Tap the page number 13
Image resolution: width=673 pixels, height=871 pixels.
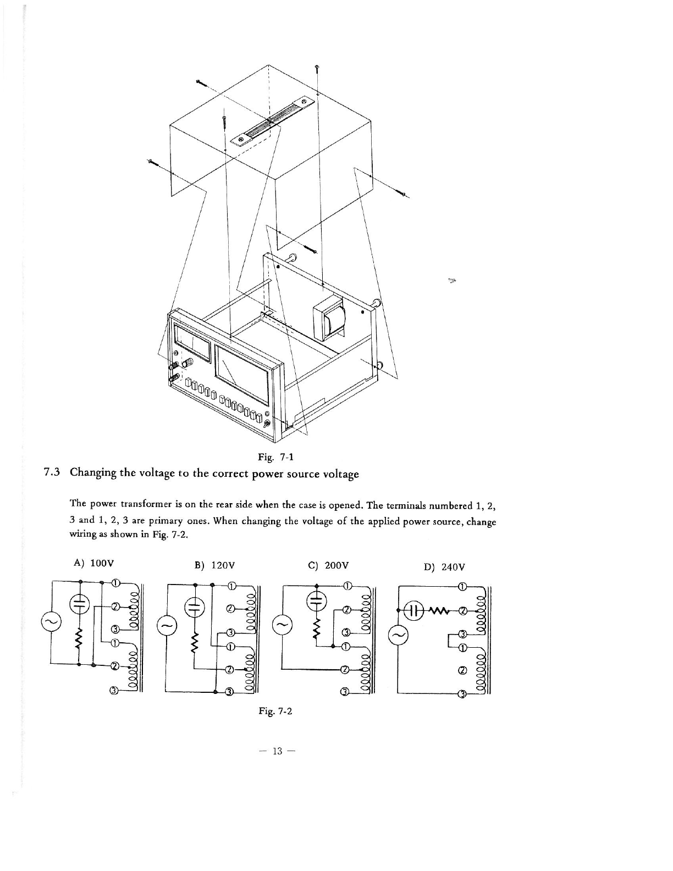coord(276,752)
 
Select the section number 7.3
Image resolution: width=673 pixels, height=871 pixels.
coord(53,473)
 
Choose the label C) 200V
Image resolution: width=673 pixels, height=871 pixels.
coord(330,565)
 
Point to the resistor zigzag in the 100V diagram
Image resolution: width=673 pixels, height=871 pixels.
coord(80,638)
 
